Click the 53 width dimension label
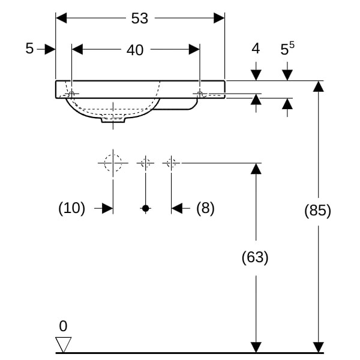click(139, 19)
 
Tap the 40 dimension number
click(135, 50)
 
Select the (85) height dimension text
click(318, 211)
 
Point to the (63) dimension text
click(255, 257)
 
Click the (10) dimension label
click(71, 208)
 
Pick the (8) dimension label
click(205, 208)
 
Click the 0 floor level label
click(63, 326)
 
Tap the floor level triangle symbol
click(63, 344)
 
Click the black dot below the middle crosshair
click(145, 208)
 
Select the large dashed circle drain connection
click(113, 163)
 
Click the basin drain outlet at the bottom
click(113, 120)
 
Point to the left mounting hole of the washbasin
click(71, 94)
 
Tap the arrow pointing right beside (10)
click(107, 208)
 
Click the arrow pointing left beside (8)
click(178, 208)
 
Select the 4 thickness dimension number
click(256, 49)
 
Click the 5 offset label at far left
click(29, 49)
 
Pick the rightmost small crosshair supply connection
click(171, 163)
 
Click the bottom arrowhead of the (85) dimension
click(319, 347)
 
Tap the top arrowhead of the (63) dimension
click(256, 169)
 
